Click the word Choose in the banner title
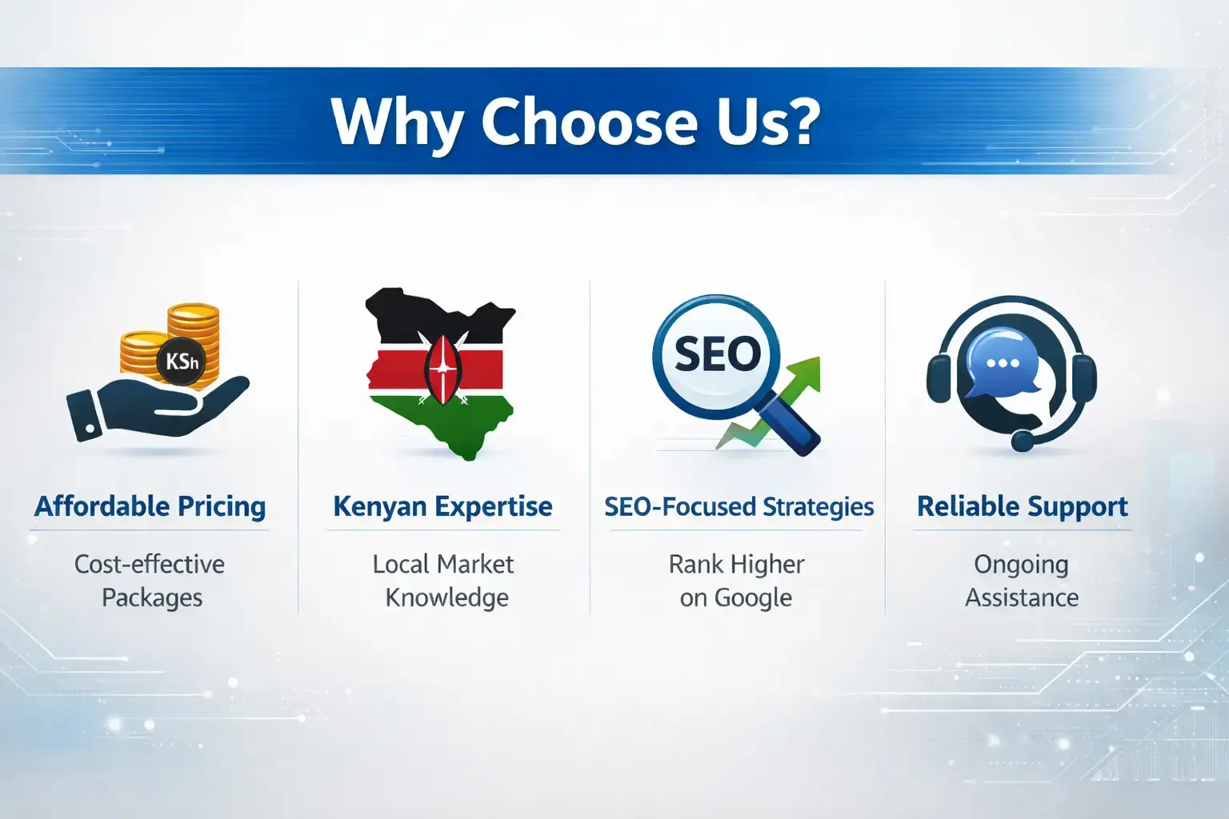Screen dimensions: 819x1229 [x=588, y=122]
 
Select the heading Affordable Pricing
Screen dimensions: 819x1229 [x=150, y=506]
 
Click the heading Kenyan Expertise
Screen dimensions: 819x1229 [x=442, y=506]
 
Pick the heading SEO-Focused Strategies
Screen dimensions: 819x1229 [x=739, y=507]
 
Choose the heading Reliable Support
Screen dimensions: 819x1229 [x=1022, y=506]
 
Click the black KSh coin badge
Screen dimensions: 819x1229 [x=181, y=362]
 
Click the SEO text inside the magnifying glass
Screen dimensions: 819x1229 [x=717, y=354]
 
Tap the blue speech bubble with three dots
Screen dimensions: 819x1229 [x=1001, y=365]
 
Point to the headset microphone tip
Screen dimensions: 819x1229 [x=1022, y=441]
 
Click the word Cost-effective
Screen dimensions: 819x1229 [x=150, y=565]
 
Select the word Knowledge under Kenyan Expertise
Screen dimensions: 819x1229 [x=446, y=598]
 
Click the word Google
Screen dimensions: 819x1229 [x=752, y=598]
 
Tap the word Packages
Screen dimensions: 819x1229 [x=152, y=598]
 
